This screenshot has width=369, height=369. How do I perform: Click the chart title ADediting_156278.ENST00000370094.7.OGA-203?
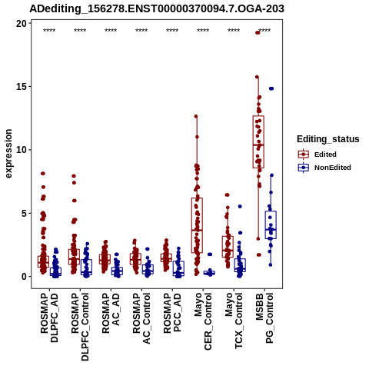coord(157,8)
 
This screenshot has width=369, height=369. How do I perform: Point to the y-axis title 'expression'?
coord(8,154)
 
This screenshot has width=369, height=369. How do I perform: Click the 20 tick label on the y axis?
coord(22,24)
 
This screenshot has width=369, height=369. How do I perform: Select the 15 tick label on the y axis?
coord(22,87)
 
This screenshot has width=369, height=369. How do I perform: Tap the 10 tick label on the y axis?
coord(22,150)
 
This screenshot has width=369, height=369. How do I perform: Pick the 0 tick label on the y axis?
coord(25,277)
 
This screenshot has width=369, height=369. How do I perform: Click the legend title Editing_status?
coord(328,139)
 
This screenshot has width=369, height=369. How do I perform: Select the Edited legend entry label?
coord(325,155)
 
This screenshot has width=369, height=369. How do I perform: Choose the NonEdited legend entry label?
coord(333,168)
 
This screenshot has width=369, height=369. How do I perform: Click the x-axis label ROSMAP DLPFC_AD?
coord(49,317)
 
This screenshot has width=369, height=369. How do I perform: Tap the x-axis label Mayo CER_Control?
coord(203,321)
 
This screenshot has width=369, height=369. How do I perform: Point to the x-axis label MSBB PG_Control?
coord(264,318)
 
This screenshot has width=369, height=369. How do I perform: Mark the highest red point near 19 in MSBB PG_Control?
coord(258,32)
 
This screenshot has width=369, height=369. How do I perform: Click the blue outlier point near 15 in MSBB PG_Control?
coord(271,88)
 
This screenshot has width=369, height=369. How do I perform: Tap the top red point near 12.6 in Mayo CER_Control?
coord(196,116)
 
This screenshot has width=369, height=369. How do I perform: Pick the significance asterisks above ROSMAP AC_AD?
coord(111,31)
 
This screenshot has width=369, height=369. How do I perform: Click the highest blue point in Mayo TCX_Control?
coord(240,206)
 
